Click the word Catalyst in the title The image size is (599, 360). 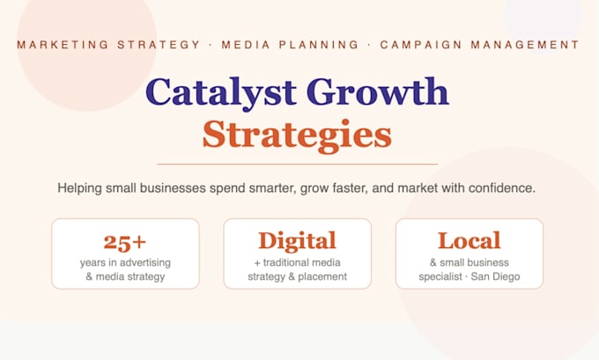pyautogui.click(x=220, y=92)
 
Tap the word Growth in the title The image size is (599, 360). pyautogui.click(x=377, y=92)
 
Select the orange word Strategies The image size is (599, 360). pyautogui.click(x=297, y=136)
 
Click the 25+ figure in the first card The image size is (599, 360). pyautogui.click(x=125, y=242)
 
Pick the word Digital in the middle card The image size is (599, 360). pyautogui.click(x=297, y=241)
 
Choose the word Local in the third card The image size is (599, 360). pyautogui.click(x=470, y=240)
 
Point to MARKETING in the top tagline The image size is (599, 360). pyautogui.click(x=63, y=45)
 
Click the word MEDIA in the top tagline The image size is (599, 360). pyautogui.click(x=246, y=45)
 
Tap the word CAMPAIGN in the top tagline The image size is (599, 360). pyautogui.click(x=420, y=45)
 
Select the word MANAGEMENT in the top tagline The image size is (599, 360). pyautogui.click(x=525, y=45)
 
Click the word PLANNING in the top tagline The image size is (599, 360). pyautogui.click(x=319, y=45)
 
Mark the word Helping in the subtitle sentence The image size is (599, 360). pyautogui.click(x=79, y=188)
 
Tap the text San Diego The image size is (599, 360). pyautogui.click(x=495, y=276)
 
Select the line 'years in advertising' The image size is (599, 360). pyautogui.click(x=125, y=262)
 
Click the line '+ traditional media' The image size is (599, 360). pyautogui.click(x=297, y=262)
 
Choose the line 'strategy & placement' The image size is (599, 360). pyautogui.click(x=297, y=276)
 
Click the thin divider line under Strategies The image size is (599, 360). pyautogui.click(x=297, y=165)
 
